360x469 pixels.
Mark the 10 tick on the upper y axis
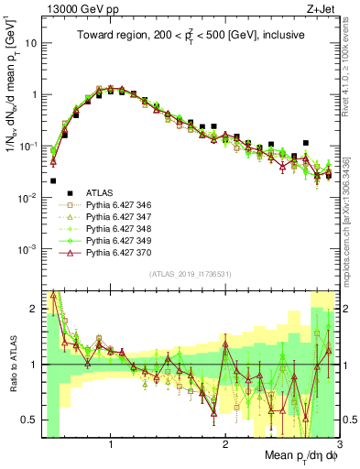[30, 43]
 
